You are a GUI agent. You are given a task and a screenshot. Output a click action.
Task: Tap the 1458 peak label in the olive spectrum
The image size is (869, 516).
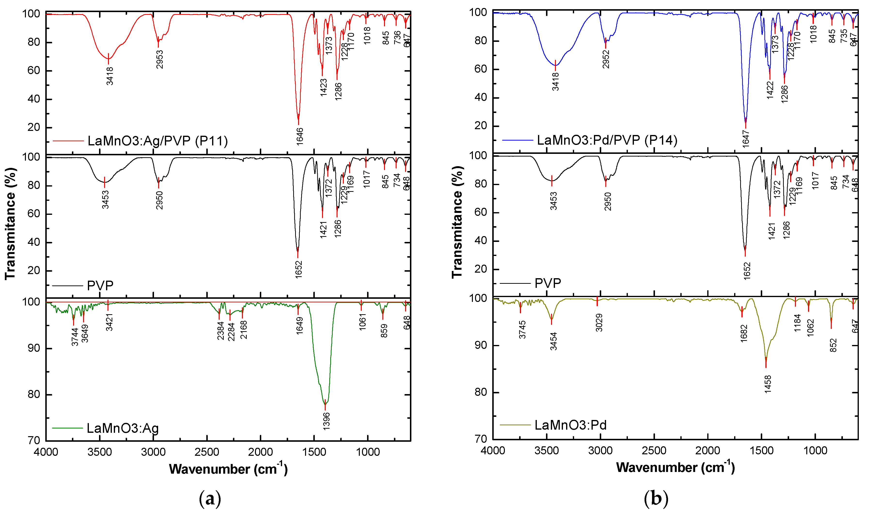[768, 384]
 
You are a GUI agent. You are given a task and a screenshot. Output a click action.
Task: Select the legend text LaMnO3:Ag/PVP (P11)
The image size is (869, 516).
[158, 141]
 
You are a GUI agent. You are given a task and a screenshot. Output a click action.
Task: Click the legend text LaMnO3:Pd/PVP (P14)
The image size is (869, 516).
[607, 140]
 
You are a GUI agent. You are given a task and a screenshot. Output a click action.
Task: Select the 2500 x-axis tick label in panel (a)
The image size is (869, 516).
[207, 452]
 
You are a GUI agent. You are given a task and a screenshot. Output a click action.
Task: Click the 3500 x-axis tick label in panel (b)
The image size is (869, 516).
[547, 451]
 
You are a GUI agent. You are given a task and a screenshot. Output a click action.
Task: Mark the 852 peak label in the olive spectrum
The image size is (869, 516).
[833, 345]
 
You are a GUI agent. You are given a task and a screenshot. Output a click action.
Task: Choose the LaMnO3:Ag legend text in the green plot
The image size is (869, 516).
[123, 428]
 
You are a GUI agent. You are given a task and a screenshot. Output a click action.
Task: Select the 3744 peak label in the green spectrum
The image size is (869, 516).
[75, 337]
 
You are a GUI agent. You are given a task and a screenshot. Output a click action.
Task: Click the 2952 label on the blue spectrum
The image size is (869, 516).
[606, 59]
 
